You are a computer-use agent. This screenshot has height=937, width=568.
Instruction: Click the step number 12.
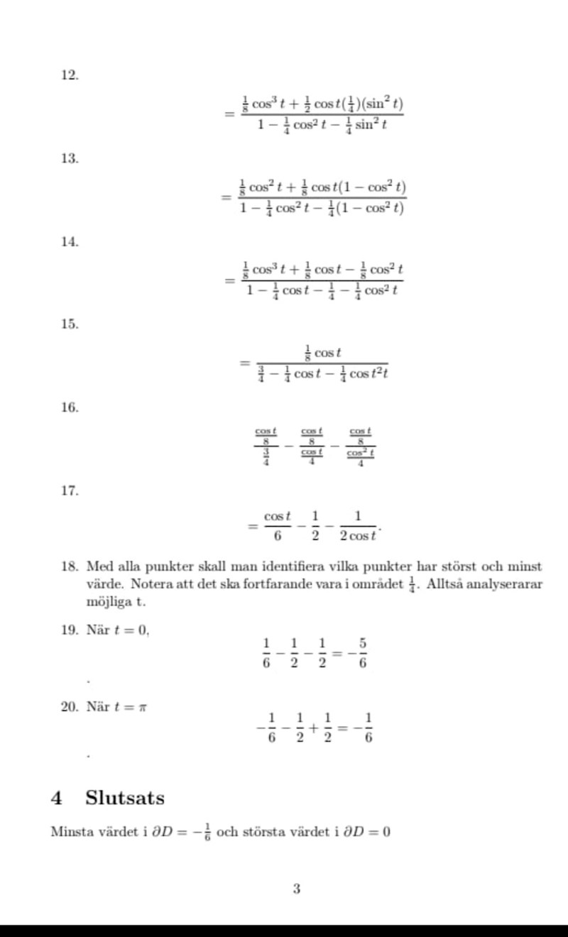(69, 75)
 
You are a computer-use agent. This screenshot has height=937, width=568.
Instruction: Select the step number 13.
(69, 158)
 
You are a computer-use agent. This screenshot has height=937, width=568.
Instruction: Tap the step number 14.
(69, 241)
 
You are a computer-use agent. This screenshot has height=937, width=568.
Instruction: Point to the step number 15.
(69, 324)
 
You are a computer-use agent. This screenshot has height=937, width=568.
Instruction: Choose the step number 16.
(69, 407)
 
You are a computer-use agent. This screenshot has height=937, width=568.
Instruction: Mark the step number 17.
(69, 491)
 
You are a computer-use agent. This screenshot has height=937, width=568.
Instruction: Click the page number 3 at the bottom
(296, 888)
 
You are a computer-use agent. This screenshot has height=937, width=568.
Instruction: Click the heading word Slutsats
(125, 798)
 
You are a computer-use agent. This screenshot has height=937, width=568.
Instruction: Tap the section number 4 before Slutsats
(57, 798)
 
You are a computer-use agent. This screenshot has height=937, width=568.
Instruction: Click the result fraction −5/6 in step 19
(362, 653)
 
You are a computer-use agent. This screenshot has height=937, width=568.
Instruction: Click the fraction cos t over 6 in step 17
(278, 525)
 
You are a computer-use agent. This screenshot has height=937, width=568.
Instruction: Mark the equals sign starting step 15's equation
(244, 363)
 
